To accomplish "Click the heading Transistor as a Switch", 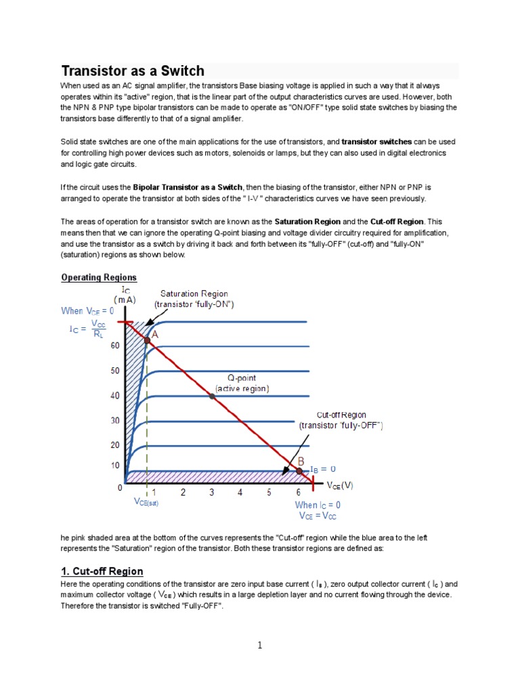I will tap(133, 71).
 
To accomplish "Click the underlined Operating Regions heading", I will tap(99, 277).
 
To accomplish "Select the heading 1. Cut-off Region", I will tap(102, 571).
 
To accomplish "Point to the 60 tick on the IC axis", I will tap(115, 346).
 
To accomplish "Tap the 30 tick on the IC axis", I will tap(115, 421).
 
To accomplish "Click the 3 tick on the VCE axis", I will tap(211, 492).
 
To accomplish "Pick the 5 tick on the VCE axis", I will tap(269, 492).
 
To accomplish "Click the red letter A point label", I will tap(155, 334).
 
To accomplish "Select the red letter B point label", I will tap(301, 461).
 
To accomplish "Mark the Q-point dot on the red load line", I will tap(212, 396).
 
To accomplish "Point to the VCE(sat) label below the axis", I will tap(146, 503).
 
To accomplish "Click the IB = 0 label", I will tap(323, 469).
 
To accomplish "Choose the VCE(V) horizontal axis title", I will tap(341, 485).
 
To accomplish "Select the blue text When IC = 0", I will tap(318, 505).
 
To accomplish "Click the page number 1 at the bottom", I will tap(259, 645).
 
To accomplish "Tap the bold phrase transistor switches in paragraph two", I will tap(376, 142).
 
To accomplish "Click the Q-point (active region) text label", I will tap(242, 383).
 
